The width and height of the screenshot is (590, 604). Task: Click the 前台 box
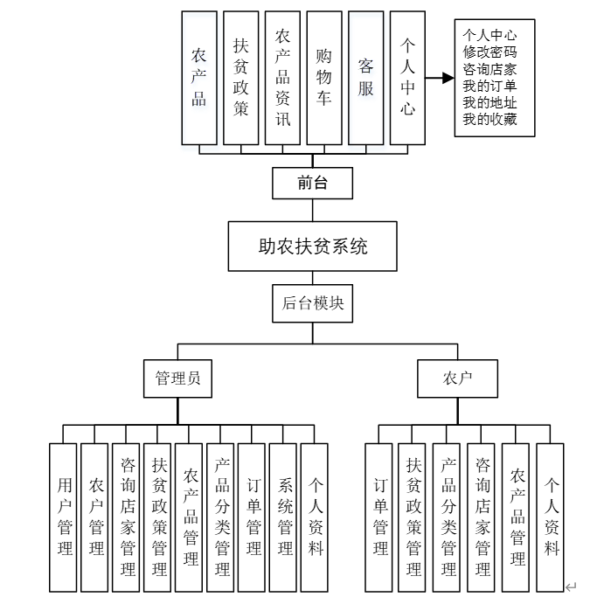click(312, 184)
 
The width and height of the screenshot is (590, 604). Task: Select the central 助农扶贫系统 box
click(312, 246)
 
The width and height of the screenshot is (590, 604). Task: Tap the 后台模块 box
click(312, 303)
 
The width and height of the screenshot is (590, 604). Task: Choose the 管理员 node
click(177, 378)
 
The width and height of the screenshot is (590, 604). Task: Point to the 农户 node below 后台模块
click(457, 378)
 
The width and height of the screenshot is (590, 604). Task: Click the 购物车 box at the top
click(323, 78)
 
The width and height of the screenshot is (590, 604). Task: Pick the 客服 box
click(365, 78)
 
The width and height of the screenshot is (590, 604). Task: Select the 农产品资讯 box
click(282, 78)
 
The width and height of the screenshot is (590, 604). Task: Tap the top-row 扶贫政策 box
click(240, 78)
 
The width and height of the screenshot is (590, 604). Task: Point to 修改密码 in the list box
click(489, 52)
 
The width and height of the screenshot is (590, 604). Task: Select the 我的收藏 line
click(489, 119)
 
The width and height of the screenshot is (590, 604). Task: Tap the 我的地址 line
click(489, 102)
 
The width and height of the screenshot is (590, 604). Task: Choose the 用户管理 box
click(64, 517)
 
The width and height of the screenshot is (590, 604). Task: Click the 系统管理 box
click(284, 517)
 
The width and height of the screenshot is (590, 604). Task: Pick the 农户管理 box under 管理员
click(95, 517)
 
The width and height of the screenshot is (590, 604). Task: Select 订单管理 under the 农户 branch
click(380, 517)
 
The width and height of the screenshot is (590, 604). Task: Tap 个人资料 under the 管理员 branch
click(315, 517)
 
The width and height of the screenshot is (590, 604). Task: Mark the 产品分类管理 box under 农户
click(448, 517)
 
